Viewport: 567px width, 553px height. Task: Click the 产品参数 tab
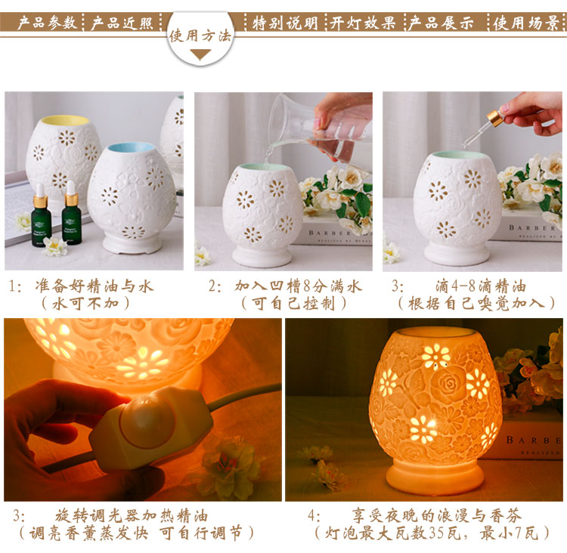[48, 23]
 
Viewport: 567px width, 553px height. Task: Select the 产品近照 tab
[122, 23]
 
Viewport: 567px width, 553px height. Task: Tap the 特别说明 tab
[285, 23]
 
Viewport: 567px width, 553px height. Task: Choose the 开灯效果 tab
[362, 23]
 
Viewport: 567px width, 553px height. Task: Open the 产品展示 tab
[441, 23]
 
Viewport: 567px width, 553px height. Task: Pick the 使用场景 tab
[526, 23]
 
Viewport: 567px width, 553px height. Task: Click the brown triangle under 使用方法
[200, 55]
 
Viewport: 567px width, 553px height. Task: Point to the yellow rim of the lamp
[65, 120]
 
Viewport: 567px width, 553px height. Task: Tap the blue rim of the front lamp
[132, 147]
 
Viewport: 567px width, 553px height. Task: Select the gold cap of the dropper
[494, 118]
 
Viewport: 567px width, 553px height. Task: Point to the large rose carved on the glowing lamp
[447, 383]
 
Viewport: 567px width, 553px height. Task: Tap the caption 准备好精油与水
[94, 286]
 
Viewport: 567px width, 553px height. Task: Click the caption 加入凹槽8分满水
[298, 286]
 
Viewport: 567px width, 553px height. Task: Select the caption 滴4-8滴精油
[481, 286]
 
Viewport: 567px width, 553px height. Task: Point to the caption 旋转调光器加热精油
[132, 516]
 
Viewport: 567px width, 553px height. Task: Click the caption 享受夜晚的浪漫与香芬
[437, 516]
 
